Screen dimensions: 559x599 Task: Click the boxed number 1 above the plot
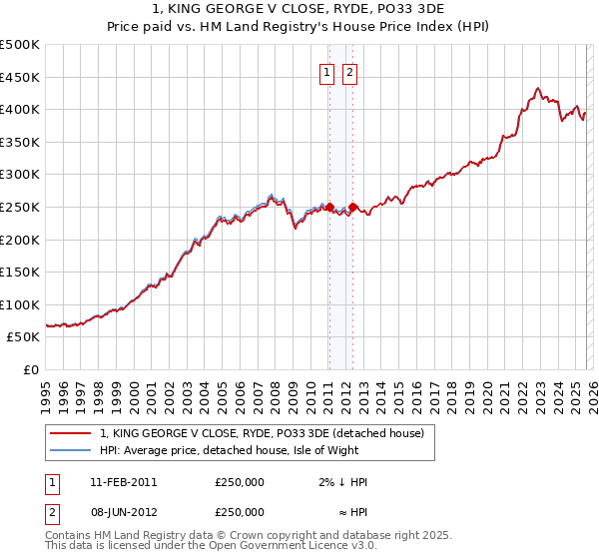(327, 71)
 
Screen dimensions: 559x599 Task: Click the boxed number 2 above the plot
(351, 71)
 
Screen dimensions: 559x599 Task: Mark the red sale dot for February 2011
(329, 207)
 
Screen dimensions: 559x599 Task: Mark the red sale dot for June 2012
(352, 207)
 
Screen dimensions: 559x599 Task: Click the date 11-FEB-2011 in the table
(123, 482)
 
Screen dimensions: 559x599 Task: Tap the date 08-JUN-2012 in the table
(123, 512)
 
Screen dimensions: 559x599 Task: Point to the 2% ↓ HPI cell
(343, 482)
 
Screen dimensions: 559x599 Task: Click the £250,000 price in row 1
(240, 482)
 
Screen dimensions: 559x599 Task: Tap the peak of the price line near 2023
(538, 88)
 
